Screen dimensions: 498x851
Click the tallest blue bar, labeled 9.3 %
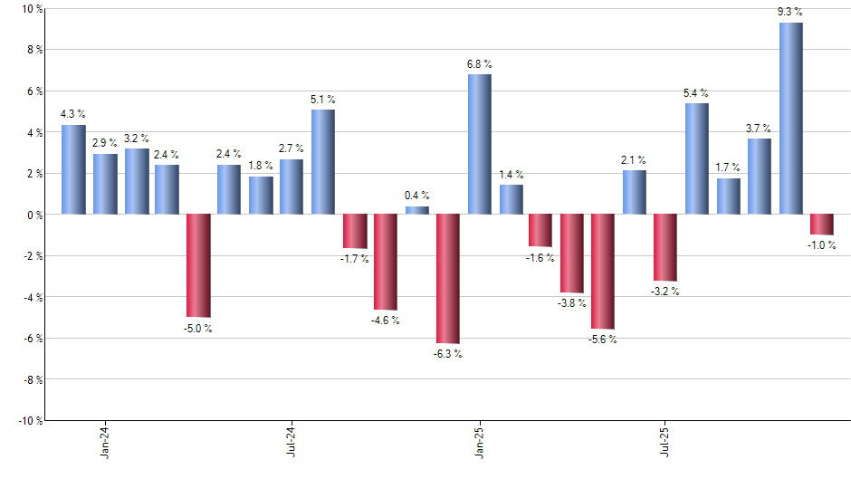[x=790, y=119]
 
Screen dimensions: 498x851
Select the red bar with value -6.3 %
[x=448, y=279]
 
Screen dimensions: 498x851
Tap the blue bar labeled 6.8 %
[x=479, y=144]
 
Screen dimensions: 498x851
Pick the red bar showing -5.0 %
[x=198, y=265]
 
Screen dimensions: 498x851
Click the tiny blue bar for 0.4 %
[x=416, y=210]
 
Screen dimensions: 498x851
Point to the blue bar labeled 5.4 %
[x=697, y=158]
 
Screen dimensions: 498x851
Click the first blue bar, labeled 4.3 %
[x=73, y=169]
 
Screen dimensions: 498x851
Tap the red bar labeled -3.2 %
[x=665, y=247]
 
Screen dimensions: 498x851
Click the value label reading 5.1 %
[x=323, y=99]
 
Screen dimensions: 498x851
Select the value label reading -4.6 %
[x=386, y=320]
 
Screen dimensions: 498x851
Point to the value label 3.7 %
[x=760, y=128]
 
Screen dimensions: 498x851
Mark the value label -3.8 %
[x=572, y=303]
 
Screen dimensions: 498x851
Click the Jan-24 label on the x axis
[x=105, y=441]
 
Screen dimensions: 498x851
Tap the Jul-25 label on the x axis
[x=665, y=441]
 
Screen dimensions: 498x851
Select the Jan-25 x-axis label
[x=479, y=441]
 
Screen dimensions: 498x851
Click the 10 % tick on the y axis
[x=32, y=9]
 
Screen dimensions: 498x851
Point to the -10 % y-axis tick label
[x=30, y=420]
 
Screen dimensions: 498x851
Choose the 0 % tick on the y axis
[x=34, y=215]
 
